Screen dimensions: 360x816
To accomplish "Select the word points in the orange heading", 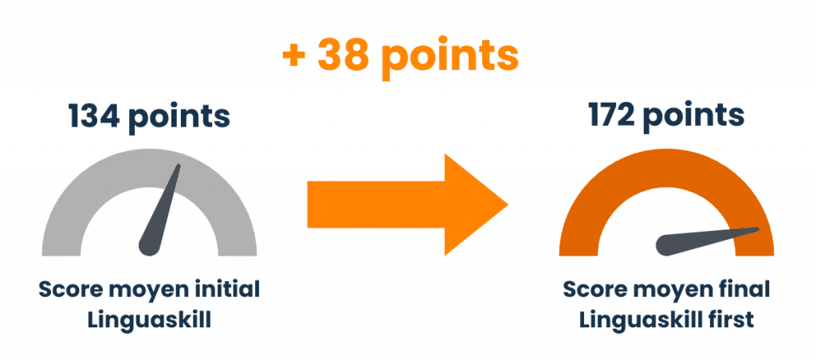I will pyautogui.click(x=450, y=57).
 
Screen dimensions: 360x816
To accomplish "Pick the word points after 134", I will pyautogui.click(x=180, y=118).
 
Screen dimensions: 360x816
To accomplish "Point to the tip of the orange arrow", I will pyautogui.click(x=508, y=206).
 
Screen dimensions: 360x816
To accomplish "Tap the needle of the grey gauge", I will pyautogui.click(x=159, y=215).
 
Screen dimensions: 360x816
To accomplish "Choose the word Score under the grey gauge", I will pyautogui.click(x=69, y=288).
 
